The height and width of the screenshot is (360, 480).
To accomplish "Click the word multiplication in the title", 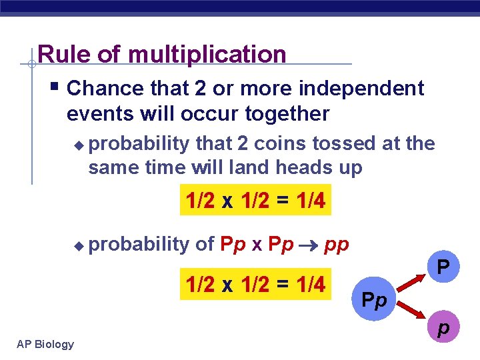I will click(x=207, y=55).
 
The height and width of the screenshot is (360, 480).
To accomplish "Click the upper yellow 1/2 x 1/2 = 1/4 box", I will click(x=255, y=201).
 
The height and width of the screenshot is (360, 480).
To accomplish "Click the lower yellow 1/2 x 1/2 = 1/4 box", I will click(x=255, y=285).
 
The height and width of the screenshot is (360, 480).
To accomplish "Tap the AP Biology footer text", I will click(x=46, y=344).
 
